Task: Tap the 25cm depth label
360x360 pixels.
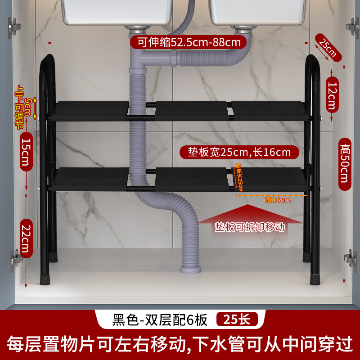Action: (328, 47)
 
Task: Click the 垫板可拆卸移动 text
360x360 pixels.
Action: (250, 227)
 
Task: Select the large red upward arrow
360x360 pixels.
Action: (251, 215)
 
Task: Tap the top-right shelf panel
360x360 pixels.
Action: (269, 108)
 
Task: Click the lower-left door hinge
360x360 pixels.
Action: (16, 260)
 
